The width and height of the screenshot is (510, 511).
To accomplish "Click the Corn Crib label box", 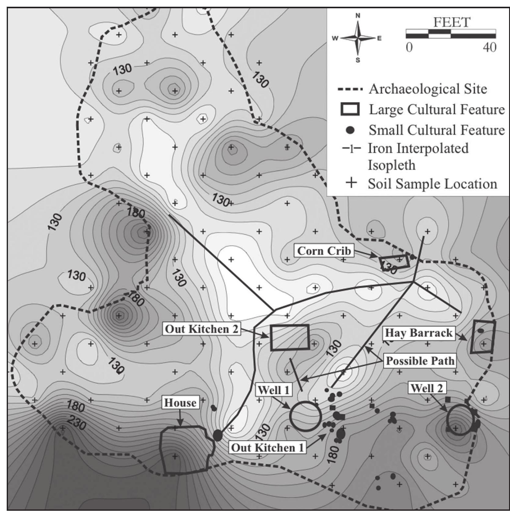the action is coord(324,251).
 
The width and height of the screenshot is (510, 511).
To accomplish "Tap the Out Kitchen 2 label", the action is coord(201,329).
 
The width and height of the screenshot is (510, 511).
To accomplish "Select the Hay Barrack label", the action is coord(419,333).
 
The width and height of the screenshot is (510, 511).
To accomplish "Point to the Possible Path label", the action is coord(420,361).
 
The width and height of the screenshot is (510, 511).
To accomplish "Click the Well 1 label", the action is coord(273,390).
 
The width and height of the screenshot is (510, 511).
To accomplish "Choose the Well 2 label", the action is coord(426,388).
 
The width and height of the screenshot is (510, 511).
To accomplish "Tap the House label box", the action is coord(180,403).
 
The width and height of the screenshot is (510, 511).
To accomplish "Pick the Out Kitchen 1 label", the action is coord(267,448).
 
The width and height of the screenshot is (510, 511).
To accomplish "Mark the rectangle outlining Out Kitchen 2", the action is coord(290,337).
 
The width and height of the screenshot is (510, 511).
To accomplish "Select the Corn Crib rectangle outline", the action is coord(394,262).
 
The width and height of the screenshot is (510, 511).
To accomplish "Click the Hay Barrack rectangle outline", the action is coord(483,336).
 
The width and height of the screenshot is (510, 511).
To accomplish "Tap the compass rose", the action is coord(358,38).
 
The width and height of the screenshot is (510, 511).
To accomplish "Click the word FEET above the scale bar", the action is coord(451,22).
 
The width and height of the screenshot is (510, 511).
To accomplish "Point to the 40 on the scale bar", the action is coord(490,47).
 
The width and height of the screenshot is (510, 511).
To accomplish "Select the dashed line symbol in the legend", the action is coord(350,89).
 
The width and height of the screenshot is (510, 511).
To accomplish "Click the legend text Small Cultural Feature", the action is coord(437,130).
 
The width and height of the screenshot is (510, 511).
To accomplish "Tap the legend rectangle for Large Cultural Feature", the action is coord(350,109).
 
